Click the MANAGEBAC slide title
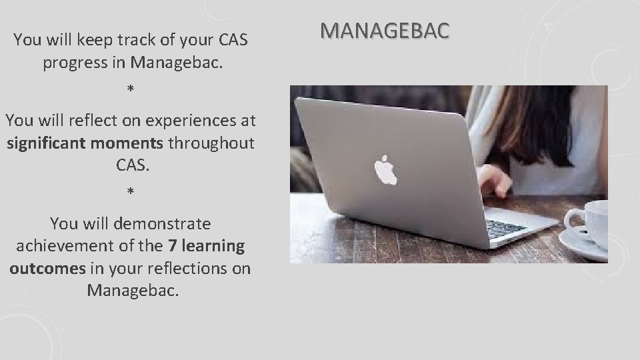coord(385,30)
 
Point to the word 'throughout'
coord(211,143)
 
